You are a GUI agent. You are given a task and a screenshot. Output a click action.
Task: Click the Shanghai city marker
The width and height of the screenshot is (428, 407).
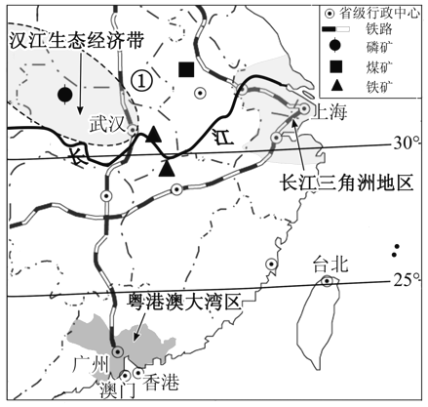pos(304,108)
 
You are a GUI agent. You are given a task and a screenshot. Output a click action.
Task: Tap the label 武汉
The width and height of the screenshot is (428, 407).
pos(107,124)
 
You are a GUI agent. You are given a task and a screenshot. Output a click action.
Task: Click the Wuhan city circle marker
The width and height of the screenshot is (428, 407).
pos(133,130)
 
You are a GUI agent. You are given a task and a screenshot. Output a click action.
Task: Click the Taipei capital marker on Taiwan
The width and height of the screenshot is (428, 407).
pos(327,281)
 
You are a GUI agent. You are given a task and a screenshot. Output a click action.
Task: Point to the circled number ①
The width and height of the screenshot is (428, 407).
pos(141,80)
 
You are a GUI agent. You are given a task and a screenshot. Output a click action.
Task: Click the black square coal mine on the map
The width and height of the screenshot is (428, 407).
pos(186,69)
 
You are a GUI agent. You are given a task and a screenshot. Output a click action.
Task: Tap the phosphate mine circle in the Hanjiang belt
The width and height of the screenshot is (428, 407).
pos(64,95)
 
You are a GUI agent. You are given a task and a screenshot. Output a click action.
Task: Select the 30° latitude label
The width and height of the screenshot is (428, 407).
pos(407,142)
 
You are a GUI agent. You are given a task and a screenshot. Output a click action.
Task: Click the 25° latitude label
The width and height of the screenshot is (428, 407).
pos(407,280)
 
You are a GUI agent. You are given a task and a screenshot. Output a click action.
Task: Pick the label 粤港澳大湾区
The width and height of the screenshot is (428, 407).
pos(184,302)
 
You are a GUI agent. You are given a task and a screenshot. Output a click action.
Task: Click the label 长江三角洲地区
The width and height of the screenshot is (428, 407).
pos(347,183)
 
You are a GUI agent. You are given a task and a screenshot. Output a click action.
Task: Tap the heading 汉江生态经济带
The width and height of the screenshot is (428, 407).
pos(77,41)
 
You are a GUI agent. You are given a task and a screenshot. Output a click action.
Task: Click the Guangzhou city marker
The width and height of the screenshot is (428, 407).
pos(117,351)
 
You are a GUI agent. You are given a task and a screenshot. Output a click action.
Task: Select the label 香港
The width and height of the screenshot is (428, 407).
pos(161,382)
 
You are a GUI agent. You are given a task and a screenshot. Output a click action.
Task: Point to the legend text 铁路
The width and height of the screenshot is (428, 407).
pos(379,29)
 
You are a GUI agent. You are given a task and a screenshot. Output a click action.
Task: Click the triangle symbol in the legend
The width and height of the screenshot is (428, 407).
pos(335,85)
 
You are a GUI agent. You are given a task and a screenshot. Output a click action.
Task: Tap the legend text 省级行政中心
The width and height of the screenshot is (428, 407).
pos(379,14)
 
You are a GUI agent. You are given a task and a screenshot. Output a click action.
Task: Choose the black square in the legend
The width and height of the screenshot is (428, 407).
pos(335,66)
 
